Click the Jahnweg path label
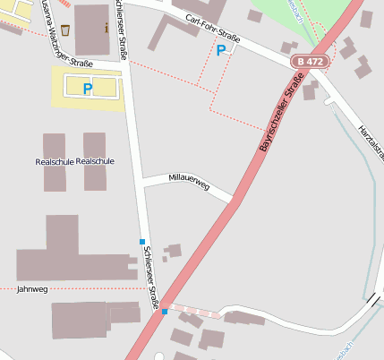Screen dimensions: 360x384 [32, 289]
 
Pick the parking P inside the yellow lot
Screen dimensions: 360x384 [87, 88]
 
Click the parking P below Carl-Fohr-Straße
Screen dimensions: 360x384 [221, 51]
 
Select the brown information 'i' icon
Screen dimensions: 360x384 [107, 28]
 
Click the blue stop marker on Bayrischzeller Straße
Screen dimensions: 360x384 [165, 311]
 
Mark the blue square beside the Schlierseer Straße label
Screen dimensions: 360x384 [141, 242]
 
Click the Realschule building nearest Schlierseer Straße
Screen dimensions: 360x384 [95, 161]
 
